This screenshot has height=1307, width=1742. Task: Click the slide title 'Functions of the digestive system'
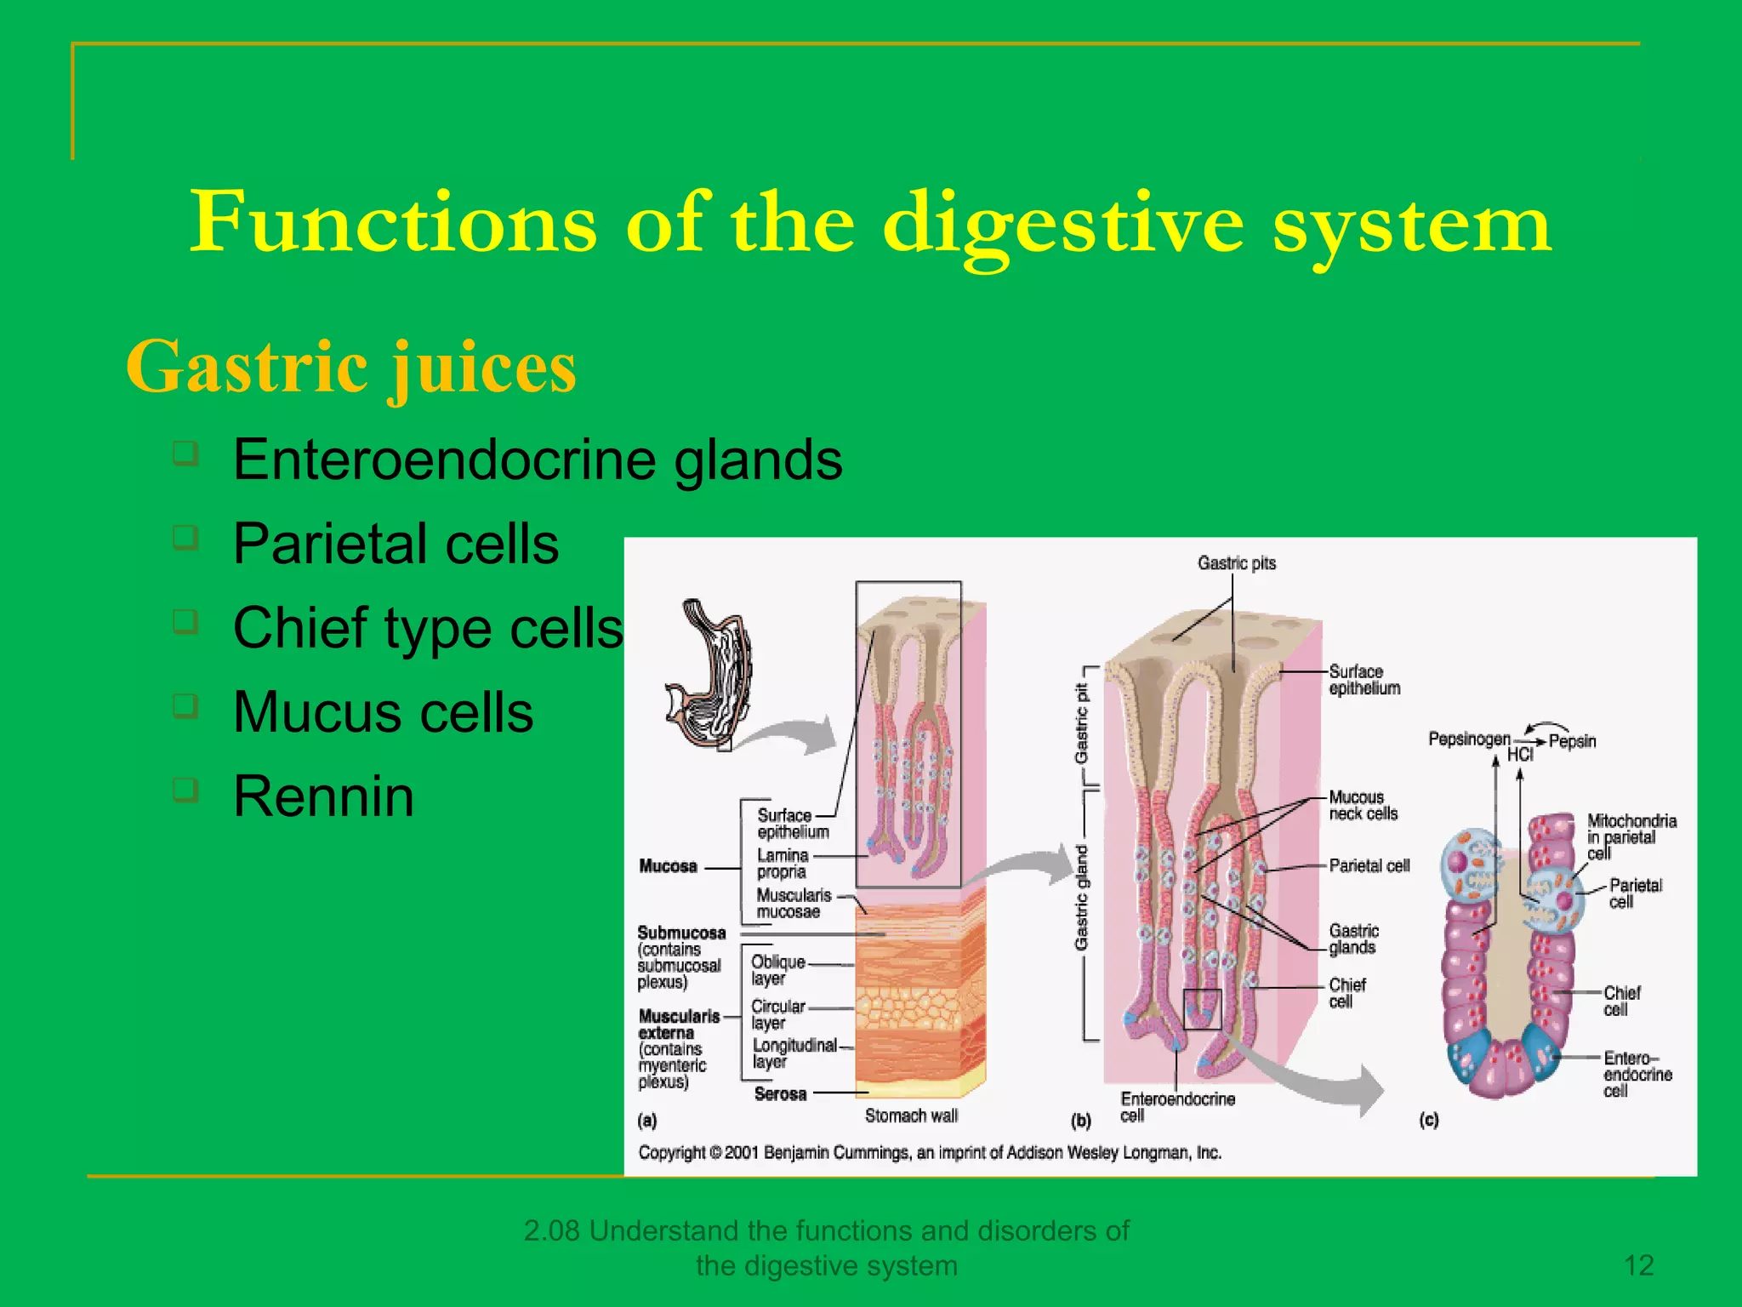point(870,223)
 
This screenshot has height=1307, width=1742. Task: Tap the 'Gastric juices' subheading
point(351,368)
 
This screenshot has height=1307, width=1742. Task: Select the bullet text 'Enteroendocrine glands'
point(538,459)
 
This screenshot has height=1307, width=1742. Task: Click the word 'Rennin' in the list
point(323,796)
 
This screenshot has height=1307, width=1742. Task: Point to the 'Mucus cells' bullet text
point(383,712)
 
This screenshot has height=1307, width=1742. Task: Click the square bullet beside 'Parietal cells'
point(185,538)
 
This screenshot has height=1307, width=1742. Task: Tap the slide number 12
point(1638,1265)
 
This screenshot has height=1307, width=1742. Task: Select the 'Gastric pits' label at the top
point(1236,563)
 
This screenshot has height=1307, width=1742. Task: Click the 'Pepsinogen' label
point(1469,739)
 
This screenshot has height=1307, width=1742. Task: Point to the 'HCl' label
point(1520,755)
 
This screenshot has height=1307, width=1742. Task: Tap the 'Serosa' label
point(780,1094)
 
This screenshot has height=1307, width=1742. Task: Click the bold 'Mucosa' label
point(668,866)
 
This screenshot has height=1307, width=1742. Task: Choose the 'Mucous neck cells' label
point(1363,805)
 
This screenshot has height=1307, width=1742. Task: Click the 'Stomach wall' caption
point(911,1116)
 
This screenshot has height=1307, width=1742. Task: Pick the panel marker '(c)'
point(1429,1120)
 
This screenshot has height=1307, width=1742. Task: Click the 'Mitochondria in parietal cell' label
point(1631,836)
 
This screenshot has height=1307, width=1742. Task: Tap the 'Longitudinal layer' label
point(794,1053)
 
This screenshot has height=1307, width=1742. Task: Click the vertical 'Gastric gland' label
point(1081,898)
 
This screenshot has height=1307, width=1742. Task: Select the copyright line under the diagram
point(930,1153)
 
